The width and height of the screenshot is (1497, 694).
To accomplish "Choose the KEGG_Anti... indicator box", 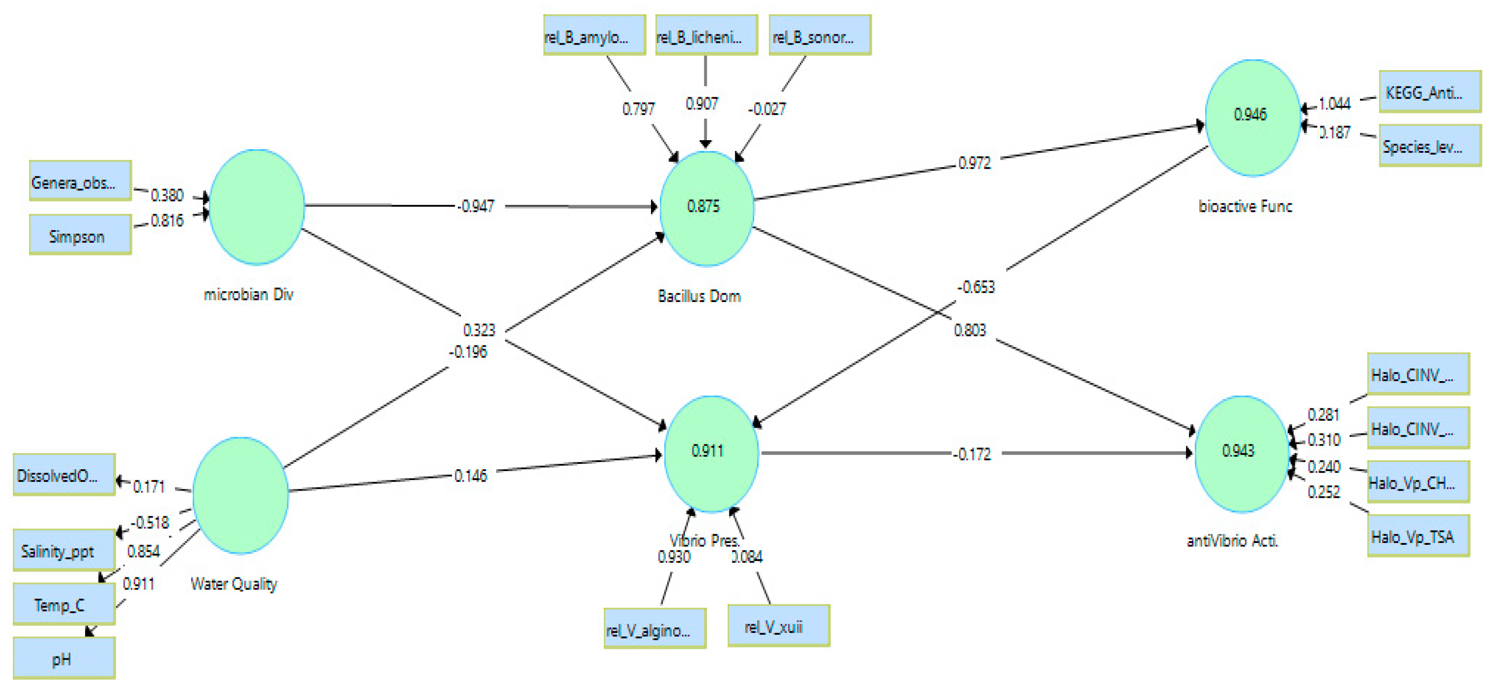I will (1430, 92).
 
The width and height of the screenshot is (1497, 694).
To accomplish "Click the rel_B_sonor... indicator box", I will (819, 35).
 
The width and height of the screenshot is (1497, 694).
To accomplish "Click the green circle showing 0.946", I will (1252, 117).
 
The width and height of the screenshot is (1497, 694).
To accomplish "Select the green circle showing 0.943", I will (1241, 453).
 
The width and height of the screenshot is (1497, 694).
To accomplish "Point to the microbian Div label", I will (249, 294).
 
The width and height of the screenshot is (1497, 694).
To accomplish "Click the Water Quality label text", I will (233, 583).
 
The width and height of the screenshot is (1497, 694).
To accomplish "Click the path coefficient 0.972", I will (974, 163).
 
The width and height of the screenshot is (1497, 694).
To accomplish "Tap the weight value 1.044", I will (1334, 104).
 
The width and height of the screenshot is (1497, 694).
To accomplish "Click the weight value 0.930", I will (674, 557).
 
